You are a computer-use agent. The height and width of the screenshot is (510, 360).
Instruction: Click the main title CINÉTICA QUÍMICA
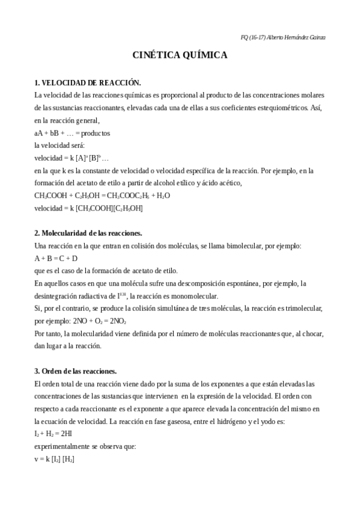pyautogui.click(x=180, y=55)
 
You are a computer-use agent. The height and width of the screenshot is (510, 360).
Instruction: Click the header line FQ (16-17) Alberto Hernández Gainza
pyautogui.click(x=283, y=37)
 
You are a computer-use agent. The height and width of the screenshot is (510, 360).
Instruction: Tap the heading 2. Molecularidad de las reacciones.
pyautogui.click(x=88, y=233)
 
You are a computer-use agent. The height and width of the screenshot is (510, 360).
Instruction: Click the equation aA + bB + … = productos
pyautogui.click(x=72, y=133)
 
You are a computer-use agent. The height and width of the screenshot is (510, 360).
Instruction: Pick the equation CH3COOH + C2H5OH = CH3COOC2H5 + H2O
pyautogui.click(x=102, y=195)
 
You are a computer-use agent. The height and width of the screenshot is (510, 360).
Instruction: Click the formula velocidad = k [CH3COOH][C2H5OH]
pyautogui.click(x=88, y=208)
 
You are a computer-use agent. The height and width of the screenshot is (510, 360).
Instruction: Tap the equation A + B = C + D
pyautogui.click(x=56, y=258)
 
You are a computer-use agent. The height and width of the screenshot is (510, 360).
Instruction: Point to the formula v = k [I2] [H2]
pyautogui.click(x=54, y=459)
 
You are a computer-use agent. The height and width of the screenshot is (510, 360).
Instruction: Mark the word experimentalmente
pyautogui.click(x=64, y=446)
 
